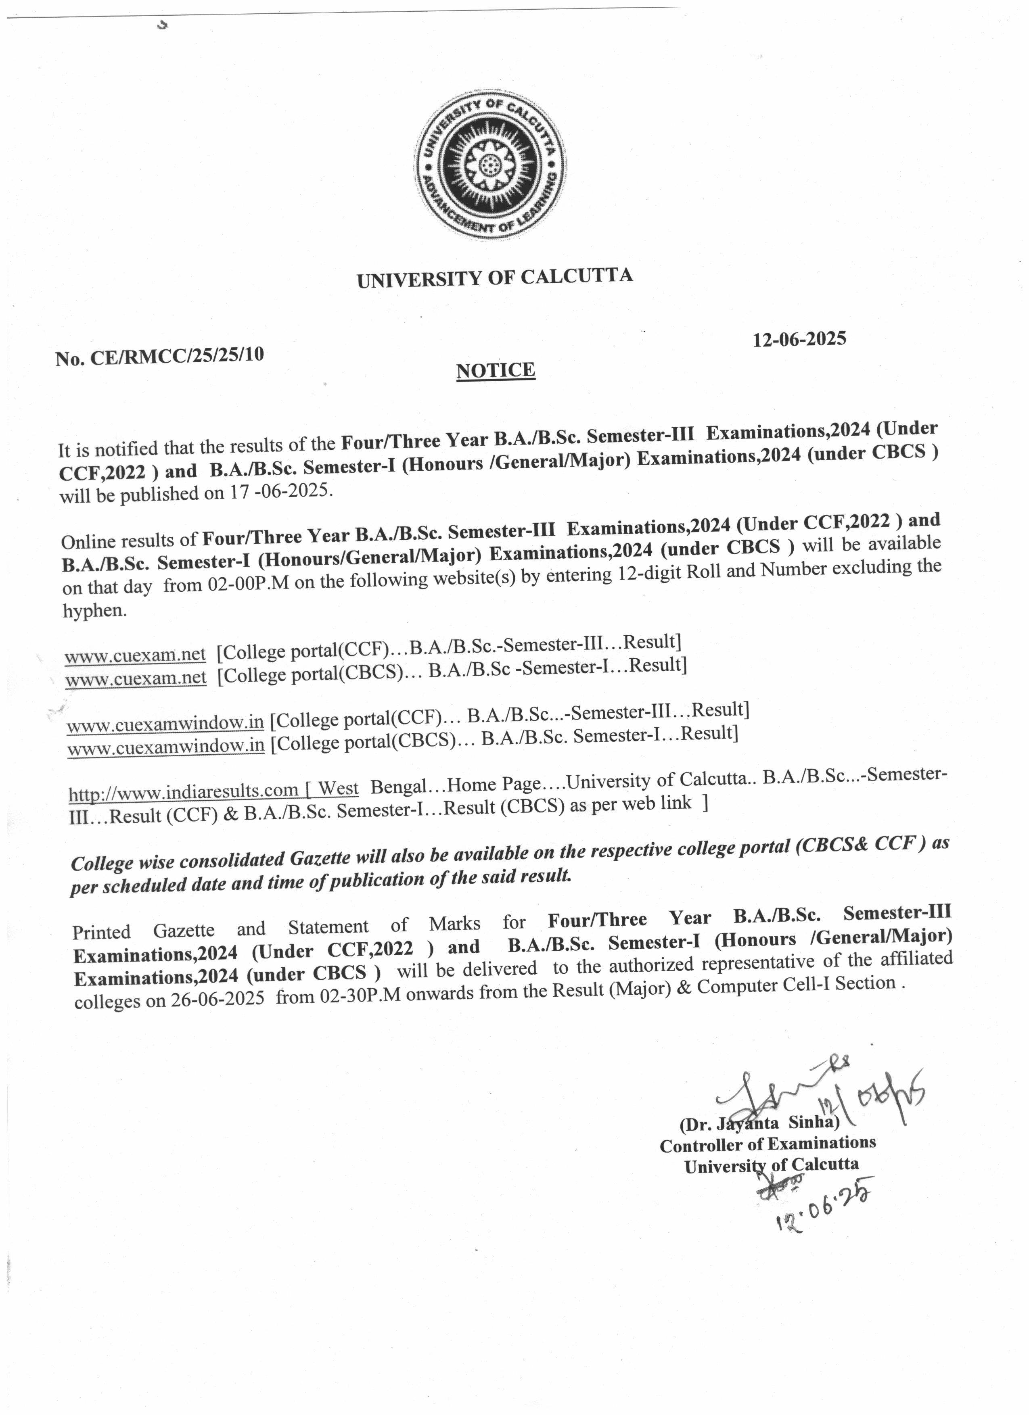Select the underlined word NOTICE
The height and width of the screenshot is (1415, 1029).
point(496,370)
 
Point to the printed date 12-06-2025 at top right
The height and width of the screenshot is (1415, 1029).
point(799,339)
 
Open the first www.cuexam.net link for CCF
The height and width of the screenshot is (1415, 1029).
point(136,654)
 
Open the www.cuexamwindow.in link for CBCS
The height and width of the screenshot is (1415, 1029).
point(165,746)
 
